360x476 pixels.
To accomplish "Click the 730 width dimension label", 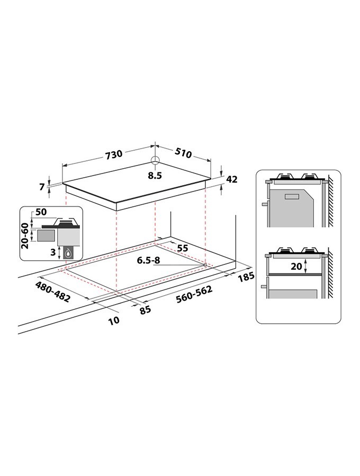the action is pyautogui.click(x=114, y=154).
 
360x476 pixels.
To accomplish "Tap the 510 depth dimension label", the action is pyautogui.click(x=183, y=153).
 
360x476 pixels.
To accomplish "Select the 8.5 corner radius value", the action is pyautogui.click(x=155, y=176).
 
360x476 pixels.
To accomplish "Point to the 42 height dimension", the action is pyautogui.click(x=231, y=179).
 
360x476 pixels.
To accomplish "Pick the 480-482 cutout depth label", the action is pyautogui.click(x=53, y=291).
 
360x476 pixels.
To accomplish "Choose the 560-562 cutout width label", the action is pyautogui.click(x=194, y=294).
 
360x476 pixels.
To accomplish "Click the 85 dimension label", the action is pyautogui.click(x=145, y=309).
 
